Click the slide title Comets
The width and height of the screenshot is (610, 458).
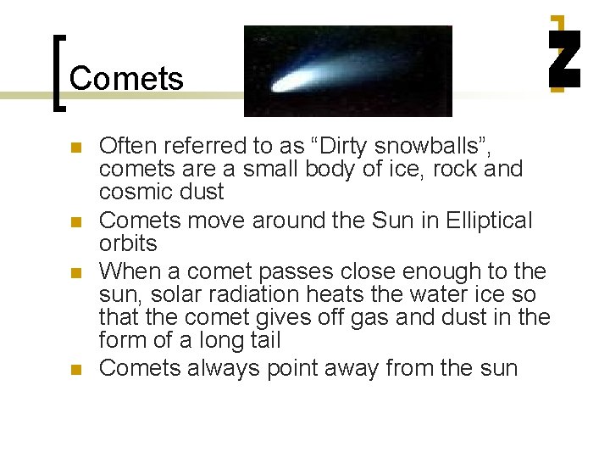point(126,79)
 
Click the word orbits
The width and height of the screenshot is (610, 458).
point(128,243)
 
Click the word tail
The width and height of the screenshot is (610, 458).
point(262,340)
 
